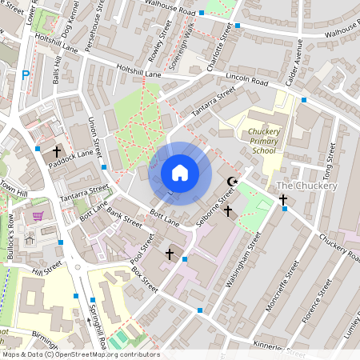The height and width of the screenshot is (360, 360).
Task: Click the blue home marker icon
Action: (x=180, y=173)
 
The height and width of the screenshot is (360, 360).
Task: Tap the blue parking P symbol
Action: (x=26, y=75)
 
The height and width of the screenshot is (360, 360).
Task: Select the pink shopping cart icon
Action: (x=38, y=217)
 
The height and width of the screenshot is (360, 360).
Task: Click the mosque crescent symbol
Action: (x=234, y=182)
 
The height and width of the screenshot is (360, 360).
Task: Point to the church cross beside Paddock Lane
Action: (x=57, y=150)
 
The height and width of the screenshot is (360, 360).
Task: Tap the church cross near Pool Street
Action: (x=169, y=254)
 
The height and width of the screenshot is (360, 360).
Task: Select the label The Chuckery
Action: (x=306, y=186)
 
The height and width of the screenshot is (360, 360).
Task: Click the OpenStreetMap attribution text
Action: (x=81, y=354)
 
